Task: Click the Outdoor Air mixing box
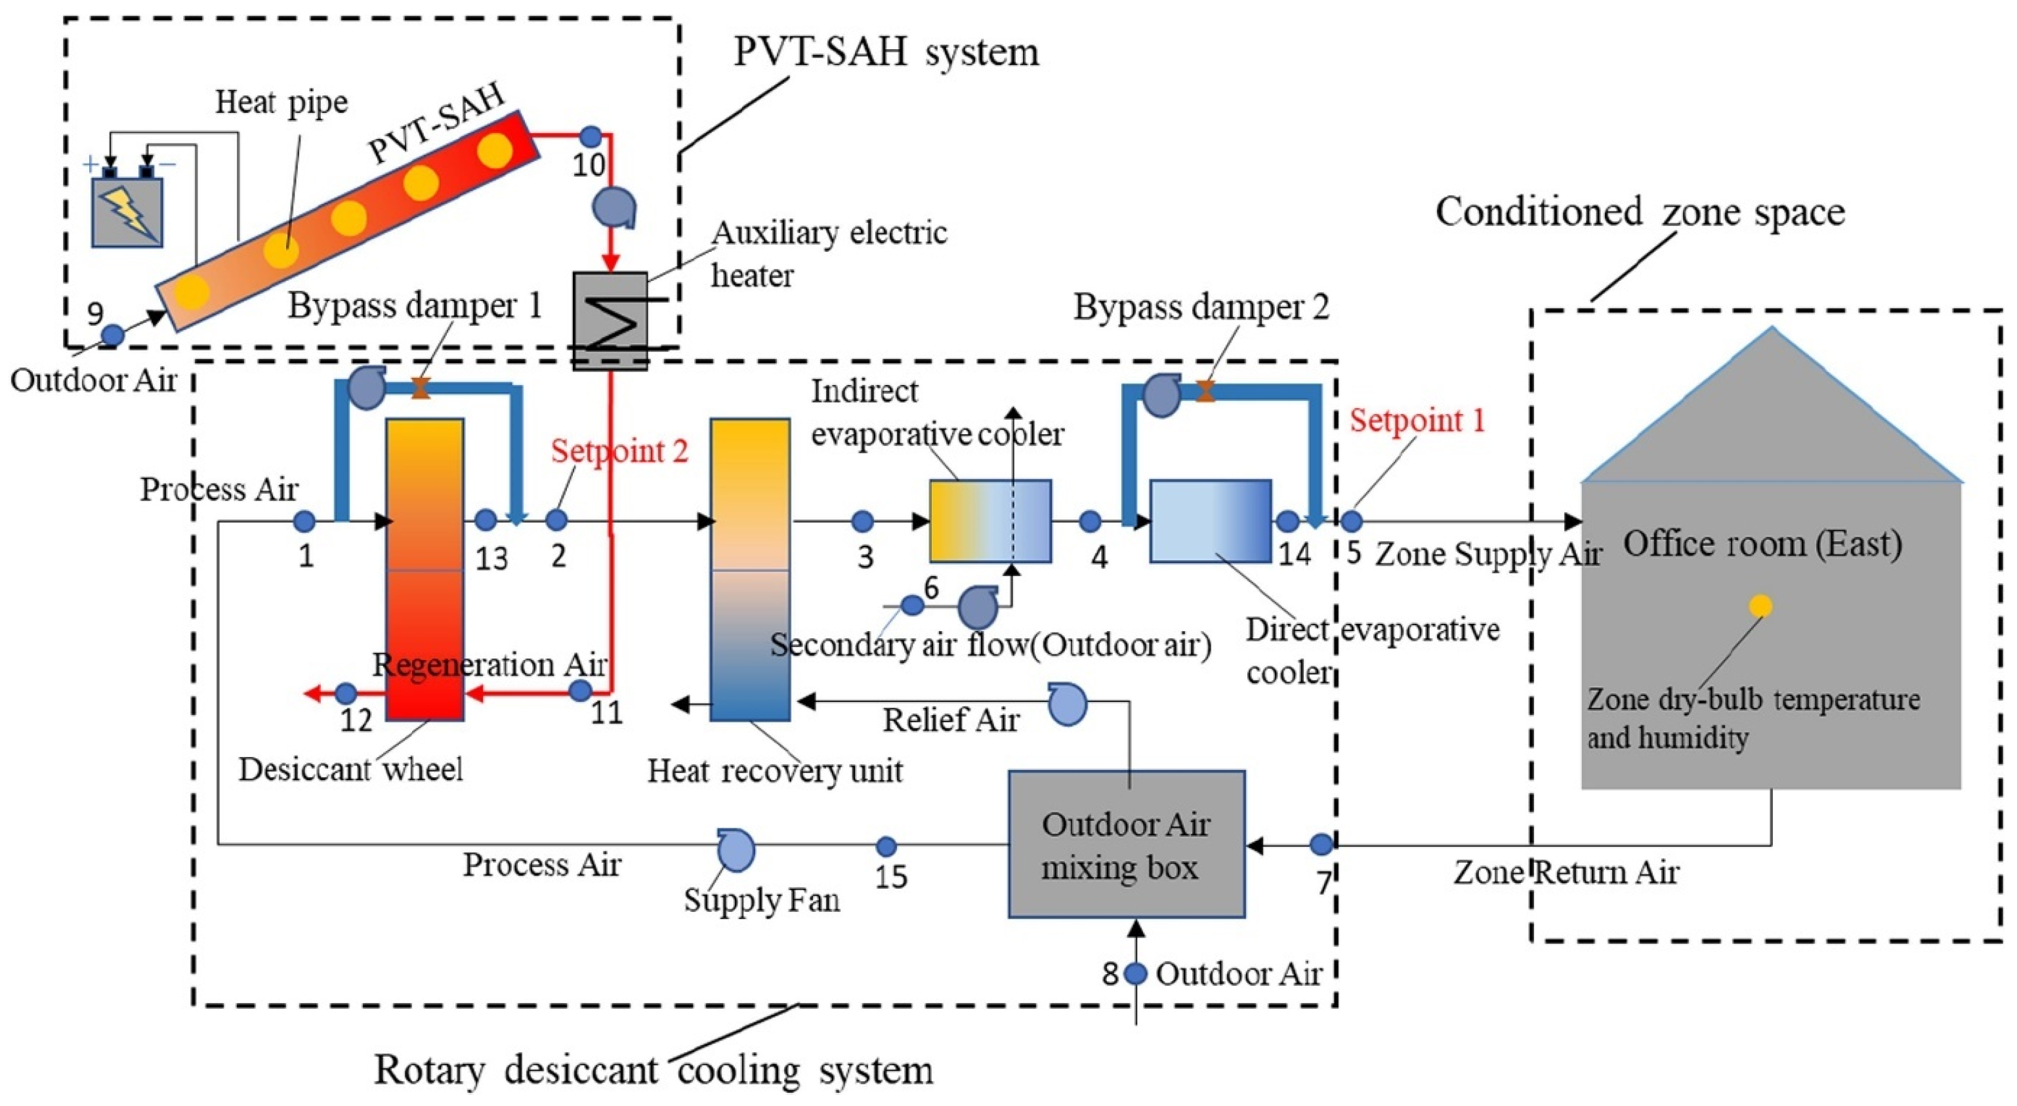[x=1126, y=844]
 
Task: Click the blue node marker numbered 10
[x=591, y=136]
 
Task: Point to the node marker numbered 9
[x=114, y=336]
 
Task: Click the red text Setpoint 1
[x=1417, y=420]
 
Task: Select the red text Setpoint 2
[x=619, y=451]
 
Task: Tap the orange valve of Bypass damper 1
[x=421, y=388]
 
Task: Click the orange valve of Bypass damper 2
[x=1206, y=390]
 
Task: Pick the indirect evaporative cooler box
[x=991, y=520]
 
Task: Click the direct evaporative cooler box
[x=1211, y=520]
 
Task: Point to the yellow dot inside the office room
[x=1760, y=606]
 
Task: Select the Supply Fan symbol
[x=736, y=850]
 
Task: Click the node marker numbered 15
[x=886, y=846]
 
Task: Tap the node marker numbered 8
[x=1135, y=973]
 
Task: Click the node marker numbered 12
[x=346, y=693]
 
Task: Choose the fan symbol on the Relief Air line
[x=1067, y=703]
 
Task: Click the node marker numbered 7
[x=1321, y=844]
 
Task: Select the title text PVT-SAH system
[x=886, y=52]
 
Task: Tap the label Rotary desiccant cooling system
[x=654, y=1070]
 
